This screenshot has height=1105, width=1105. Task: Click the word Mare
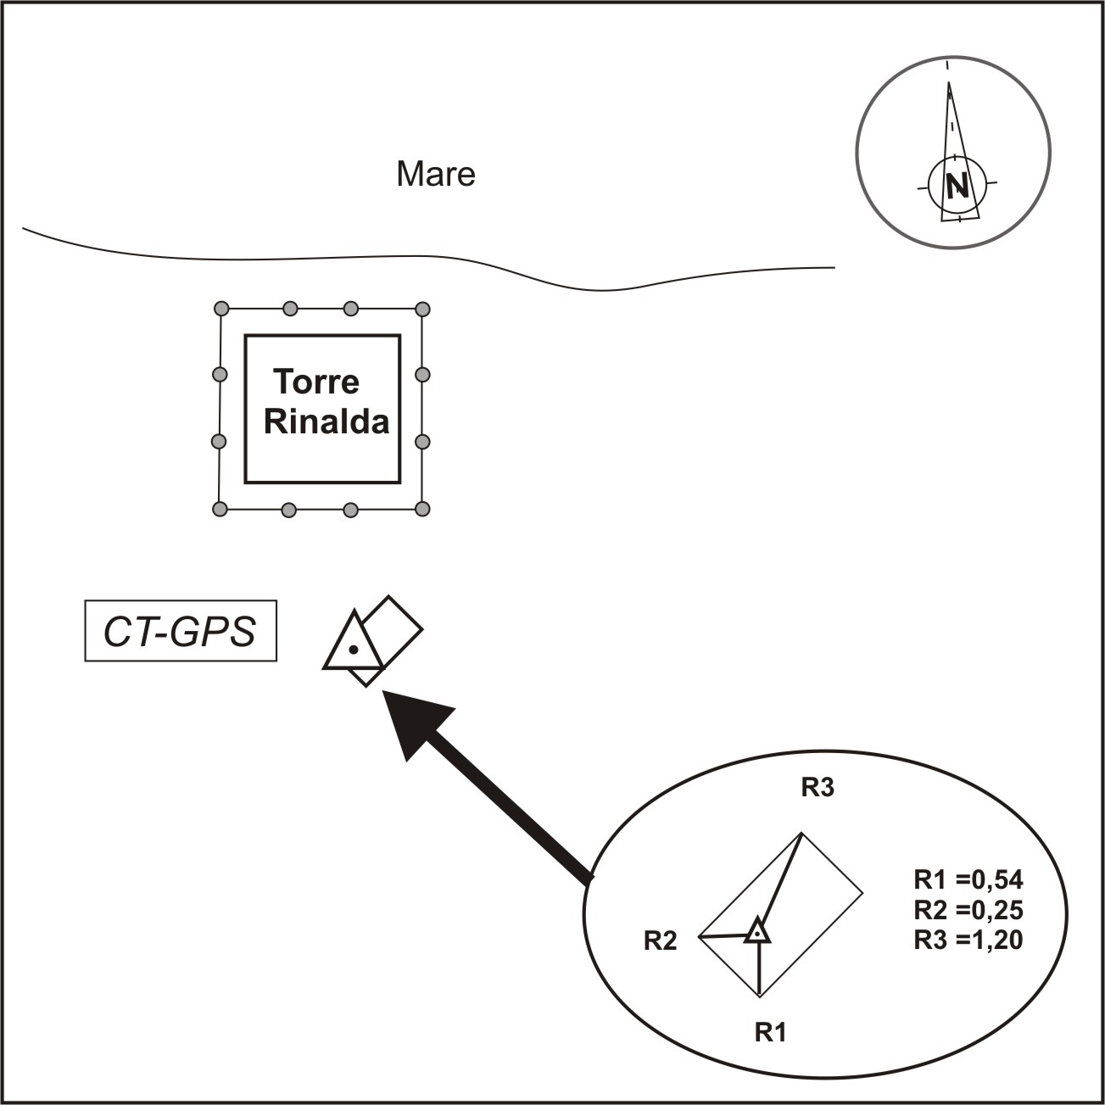coord(436,174)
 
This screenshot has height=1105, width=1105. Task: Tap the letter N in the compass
coord(957,185)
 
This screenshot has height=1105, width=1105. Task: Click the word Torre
coord(316,382)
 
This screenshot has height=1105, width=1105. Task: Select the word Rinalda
coord(326,421)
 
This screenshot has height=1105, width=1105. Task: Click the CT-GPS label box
coord(181,631)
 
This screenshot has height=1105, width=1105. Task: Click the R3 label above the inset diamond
coord(818,788)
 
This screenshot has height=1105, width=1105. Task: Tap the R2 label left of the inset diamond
coord(661,940)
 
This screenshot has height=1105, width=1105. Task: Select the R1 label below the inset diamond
coord(771,1032)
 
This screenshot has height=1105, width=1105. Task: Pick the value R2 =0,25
coord(968,910)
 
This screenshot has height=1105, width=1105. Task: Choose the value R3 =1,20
coord(968,940)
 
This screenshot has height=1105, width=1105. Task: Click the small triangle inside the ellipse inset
coord(757,932)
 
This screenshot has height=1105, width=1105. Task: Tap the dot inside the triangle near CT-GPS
coord(354,650)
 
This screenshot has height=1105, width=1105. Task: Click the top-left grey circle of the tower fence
coord(221,308)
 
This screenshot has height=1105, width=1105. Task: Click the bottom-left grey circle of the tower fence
coord(220,509)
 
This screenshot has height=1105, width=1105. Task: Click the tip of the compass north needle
coord(949,83)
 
